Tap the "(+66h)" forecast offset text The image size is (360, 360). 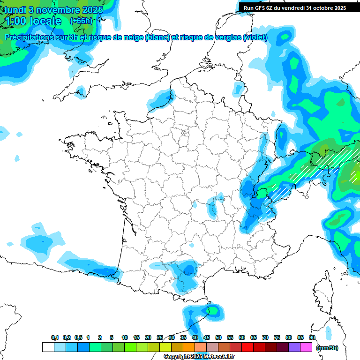[81, 21]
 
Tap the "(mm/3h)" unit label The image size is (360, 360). [327, 348]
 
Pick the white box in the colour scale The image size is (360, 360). [48, 347]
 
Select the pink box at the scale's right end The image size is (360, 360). [306, 347]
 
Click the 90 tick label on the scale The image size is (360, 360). [312, 337]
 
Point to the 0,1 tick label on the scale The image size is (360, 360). [54, 337]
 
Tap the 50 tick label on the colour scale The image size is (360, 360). [218, 337]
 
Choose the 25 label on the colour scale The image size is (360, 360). [160, 337]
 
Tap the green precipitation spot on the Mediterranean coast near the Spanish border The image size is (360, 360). [214, 310]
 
